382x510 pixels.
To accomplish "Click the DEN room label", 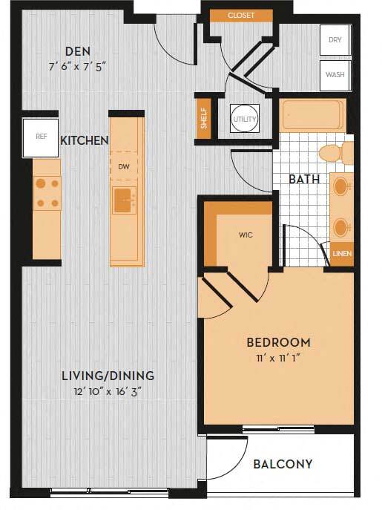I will tap(77, 51).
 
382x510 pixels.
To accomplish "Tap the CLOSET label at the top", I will tap(241, 15).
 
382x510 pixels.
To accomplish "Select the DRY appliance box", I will tap(335, 39).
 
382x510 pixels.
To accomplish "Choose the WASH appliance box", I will tap(335, 75).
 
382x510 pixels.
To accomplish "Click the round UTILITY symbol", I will tap(244, 119).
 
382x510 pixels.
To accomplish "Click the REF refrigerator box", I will tap(41, 137).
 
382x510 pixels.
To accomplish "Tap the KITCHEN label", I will tap(85, 140).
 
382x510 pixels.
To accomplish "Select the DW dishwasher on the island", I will tap(124, 167).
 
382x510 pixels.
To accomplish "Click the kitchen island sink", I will tap(124, 198).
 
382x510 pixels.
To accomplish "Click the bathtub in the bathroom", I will tap(312, 116).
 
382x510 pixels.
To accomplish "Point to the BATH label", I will tap(304, 179).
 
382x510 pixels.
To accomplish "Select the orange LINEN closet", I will tap(342, 254).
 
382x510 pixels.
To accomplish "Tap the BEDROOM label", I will tap(278, 342).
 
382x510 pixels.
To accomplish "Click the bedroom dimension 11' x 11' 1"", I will tap(278, 359).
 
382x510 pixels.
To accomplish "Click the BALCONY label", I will tap(283, 464).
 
